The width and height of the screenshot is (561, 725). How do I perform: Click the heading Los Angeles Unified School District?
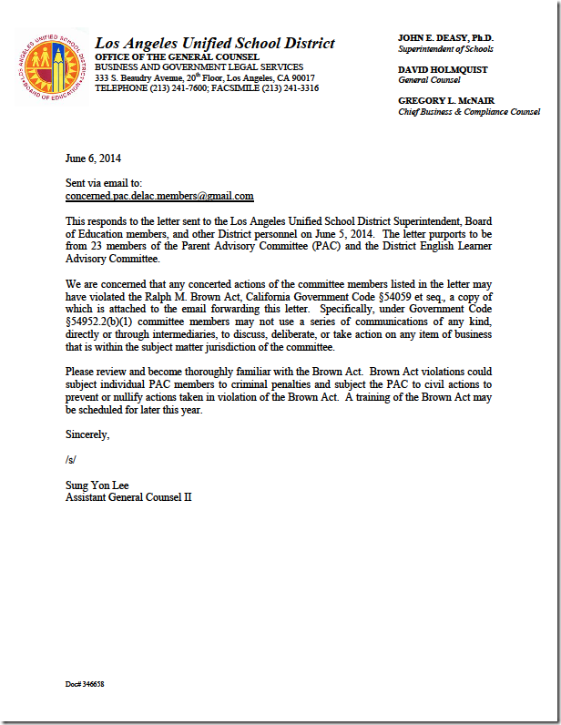point(215,44)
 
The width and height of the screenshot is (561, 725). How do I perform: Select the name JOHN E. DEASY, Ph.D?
point(445,37)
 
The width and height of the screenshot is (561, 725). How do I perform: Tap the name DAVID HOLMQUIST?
point(443,69)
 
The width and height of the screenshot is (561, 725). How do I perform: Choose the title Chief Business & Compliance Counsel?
point(469,112)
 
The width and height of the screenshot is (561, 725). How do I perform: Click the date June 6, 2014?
point(93,158)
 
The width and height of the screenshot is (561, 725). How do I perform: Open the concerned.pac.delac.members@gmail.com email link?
point(159,196)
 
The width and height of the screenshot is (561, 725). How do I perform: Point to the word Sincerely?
point(87,434)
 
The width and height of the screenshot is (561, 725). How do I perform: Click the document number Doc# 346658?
point(85,683)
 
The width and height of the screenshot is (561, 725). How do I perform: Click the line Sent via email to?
point(104,183)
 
